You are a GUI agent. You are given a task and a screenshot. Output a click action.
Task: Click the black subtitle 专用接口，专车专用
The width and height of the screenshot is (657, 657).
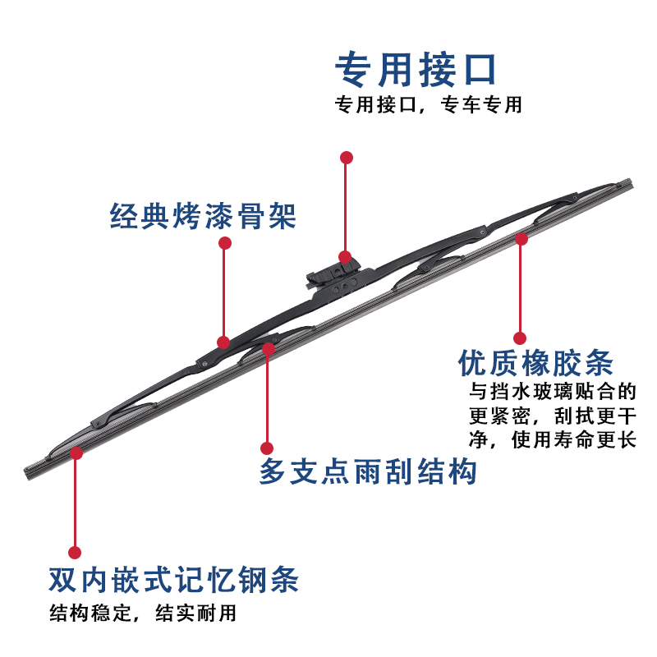428,106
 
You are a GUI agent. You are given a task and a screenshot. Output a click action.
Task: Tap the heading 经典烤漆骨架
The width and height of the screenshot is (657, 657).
203,216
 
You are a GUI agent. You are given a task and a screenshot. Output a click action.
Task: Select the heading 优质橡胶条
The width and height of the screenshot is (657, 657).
535,363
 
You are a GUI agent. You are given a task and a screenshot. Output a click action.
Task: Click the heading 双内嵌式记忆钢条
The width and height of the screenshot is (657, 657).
172,580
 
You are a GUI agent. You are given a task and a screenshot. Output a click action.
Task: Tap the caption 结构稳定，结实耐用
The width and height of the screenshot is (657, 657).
143,613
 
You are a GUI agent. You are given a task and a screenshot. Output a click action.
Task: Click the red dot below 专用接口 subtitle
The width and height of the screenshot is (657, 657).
347,156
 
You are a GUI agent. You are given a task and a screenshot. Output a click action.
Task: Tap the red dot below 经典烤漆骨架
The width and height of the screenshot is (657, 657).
224,244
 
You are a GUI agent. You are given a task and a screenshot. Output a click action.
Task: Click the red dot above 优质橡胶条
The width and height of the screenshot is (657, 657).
519,338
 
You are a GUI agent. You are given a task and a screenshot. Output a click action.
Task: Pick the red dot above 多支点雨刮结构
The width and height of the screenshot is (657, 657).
266,448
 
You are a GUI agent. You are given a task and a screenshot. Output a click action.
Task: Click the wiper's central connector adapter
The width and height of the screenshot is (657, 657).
337,275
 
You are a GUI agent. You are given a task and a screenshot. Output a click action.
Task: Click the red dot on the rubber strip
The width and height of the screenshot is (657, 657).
520,237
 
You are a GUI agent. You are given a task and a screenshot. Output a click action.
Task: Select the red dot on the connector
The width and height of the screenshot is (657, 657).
345,257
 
